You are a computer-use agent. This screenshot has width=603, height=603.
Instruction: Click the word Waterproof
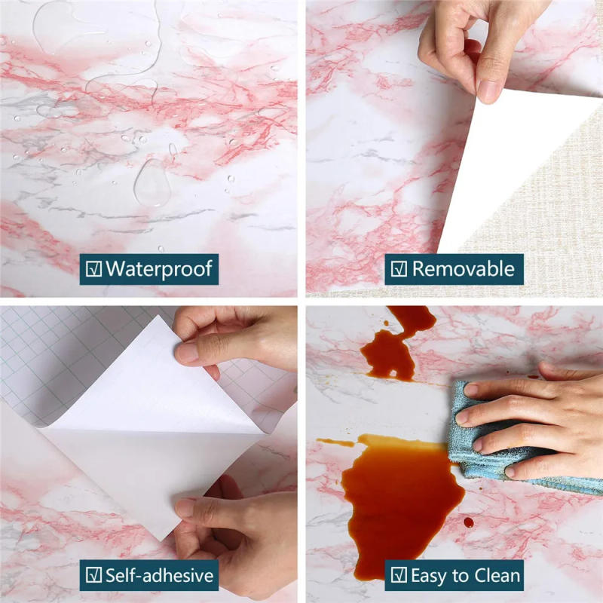pyautogui.click(x=159, y=268)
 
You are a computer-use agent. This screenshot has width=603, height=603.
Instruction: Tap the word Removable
pyautogui.click(x=464, y=268)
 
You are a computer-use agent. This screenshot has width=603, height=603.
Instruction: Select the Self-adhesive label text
pyautogui.click(x=159, y=576)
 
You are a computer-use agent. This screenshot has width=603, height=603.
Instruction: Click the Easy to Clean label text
pyautogui.click(x=465, y=576)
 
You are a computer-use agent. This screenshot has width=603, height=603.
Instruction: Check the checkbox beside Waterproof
pyautogui.click(x=94, y=268)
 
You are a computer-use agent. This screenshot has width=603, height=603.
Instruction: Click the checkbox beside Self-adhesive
pyautogui.click(x=94, y=577)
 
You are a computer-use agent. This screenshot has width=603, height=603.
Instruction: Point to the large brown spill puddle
pyautogui.click(x=399, y=497)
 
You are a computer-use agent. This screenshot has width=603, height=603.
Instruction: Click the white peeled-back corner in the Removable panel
pyautogui.click(x=513, y=166)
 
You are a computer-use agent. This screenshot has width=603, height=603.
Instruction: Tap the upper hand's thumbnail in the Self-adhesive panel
pyautogui.click(x=187, y=353)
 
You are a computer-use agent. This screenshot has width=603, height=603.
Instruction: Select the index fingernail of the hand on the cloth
pyautogui.click(x=470, y=390)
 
